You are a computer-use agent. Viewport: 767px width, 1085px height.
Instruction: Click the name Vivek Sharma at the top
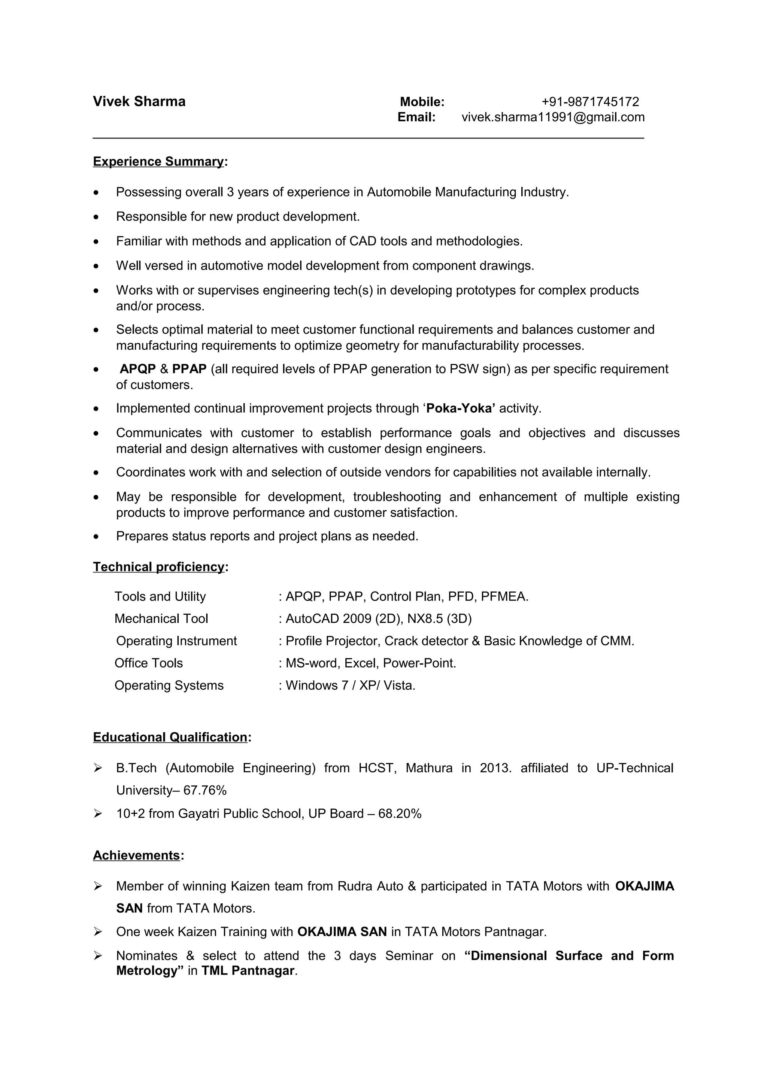139,101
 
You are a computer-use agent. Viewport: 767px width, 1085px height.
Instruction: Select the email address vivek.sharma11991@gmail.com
552,117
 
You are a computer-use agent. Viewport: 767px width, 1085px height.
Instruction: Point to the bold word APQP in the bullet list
137,369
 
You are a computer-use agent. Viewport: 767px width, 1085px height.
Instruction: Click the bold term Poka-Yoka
460,408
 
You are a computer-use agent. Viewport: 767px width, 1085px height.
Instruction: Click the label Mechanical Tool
161,619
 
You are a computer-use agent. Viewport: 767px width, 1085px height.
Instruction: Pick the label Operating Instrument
176,641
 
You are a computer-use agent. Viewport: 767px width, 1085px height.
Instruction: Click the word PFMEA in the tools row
504,596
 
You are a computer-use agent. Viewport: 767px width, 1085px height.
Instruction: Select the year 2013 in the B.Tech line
494,768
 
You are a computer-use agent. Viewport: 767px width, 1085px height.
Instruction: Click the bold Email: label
416,117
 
